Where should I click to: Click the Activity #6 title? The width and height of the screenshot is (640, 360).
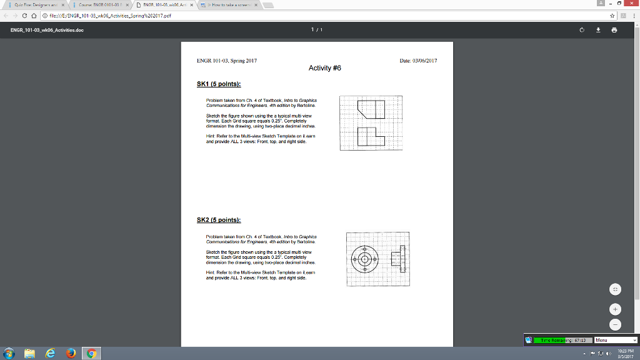(x=325, y=68)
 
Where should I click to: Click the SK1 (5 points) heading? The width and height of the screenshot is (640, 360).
(x=219, y=84)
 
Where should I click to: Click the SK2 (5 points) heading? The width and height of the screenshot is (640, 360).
(x=219, y=220)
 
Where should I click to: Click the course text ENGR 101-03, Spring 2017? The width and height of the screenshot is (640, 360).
(x=227, y=61)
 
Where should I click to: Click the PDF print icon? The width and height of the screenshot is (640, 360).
(x=614, y=29)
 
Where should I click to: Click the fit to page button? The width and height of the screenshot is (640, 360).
(x=615, y=289)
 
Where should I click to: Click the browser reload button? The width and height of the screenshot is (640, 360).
(x=24, y=16)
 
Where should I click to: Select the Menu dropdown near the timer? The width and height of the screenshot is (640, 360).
(x=616, y=340)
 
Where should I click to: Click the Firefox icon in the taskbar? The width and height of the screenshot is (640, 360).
(x=71, y=353)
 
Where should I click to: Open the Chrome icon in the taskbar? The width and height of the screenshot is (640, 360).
(x=92, y=353)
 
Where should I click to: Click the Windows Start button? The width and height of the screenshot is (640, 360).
(x=8, y=353)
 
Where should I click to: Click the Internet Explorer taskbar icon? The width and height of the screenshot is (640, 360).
(x=49, y=353)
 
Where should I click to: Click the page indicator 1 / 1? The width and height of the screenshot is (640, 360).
(x=319, y=29)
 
